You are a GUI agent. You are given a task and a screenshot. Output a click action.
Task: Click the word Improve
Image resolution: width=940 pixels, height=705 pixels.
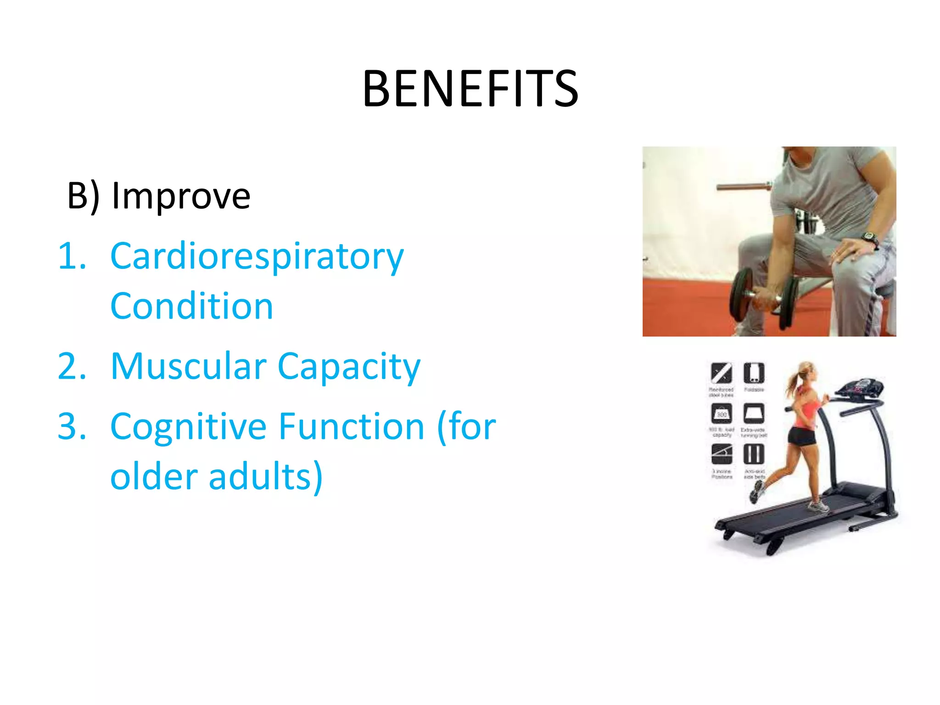(x=181, y=196)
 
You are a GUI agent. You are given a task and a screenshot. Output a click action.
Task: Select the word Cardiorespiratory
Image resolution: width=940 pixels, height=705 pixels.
(x=257, y=257)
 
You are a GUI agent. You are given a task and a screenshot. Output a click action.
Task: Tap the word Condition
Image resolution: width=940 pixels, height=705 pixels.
(x=192, y=307)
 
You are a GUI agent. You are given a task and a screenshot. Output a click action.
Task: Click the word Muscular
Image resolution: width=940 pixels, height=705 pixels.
(x=189, y=367)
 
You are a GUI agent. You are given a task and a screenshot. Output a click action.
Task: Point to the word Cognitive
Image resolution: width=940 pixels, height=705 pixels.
(x=188, y=427)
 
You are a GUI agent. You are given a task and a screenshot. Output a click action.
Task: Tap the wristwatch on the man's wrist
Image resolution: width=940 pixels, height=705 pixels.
(x=870, y=238)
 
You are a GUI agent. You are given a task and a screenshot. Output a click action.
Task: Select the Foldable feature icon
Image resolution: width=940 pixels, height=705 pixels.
(x=754, y=373)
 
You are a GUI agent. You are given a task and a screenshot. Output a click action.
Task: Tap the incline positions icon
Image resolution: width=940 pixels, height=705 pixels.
(x=722, y=454)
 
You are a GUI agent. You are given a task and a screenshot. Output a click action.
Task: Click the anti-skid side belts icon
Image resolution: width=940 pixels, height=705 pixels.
(x=754, y=454)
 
